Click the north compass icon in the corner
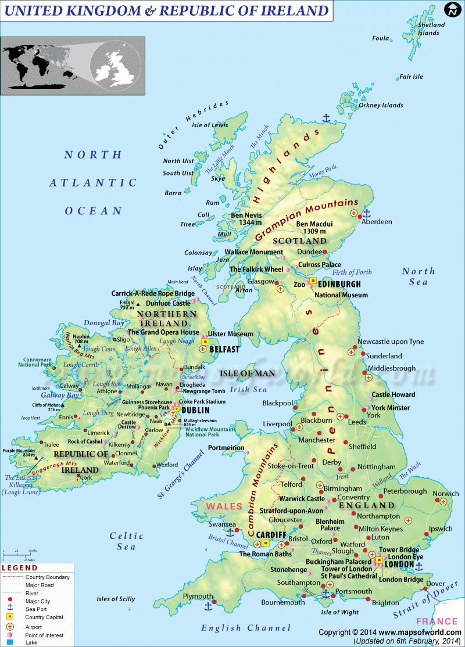(x=452, y=9)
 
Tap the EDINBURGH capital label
(x=340, y=284)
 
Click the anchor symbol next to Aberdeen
(x=366, y=213)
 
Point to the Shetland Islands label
(x=431, y=28)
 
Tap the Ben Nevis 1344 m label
(x=246, y=219)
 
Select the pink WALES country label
(x=223, y=506)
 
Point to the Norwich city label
(x=445, y=494)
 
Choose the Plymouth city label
(x=198, y=596)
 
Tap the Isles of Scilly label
(x=116, y=599)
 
